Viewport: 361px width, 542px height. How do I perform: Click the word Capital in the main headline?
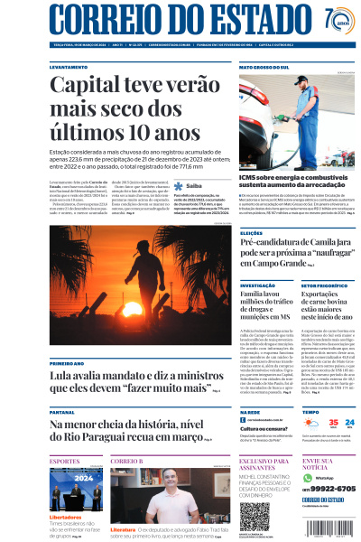(x=86, y=87)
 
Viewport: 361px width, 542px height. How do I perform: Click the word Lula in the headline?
(x=65, y=375)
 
